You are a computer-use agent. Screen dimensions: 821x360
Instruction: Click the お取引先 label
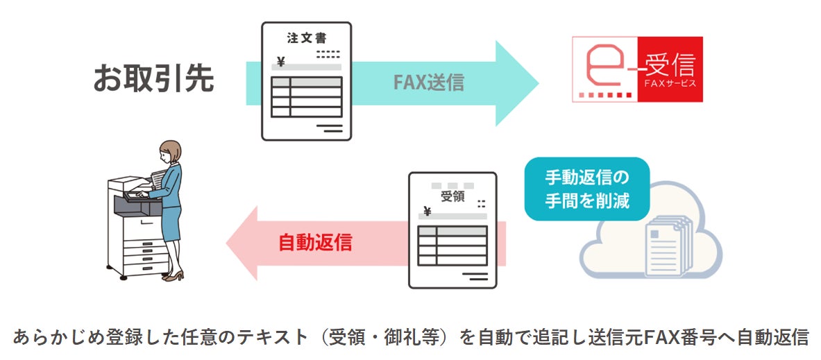153,79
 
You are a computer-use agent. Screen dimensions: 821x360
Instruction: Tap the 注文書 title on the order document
306,38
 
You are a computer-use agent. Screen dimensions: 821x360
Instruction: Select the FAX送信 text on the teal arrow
429,83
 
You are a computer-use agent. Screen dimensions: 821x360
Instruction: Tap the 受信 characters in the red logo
670,65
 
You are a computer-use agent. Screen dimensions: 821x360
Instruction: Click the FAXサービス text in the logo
670,84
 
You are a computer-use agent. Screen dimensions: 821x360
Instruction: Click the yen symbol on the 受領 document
427,212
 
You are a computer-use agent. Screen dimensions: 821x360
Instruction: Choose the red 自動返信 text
315,242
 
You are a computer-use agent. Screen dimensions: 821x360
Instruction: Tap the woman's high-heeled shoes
173,275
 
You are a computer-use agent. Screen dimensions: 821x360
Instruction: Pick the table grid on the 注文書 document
307,97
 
